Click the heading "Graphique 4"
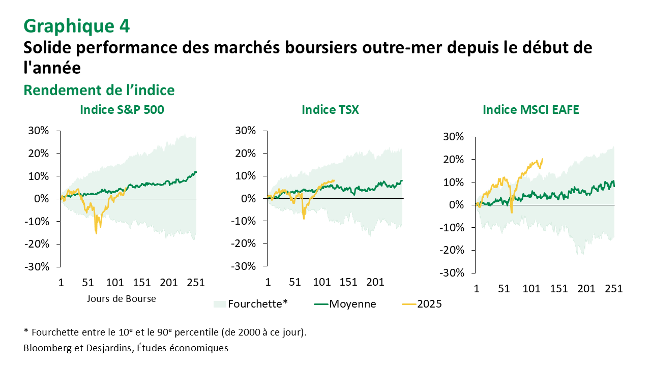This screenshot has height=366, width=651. pos(76,25)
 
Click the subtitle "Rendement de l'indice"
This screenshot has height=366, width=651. pos(99,90)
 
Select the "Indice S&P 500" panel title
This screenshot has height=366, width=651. pos(122,109)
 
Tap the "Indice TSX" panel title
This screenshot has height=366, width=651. pos(330,109)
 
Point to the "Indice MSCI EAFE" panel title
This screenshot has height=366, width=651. pos(530,109)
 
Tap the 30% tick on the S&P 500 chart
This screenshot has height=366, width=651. pos(38,131)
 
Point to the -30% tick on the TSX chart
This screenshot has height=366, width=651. pos(244,266)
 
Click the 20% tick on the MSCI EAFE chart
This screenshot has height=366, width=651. pos(453,160)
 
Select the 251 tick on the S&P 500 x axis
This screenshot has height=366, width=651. pos(196,282)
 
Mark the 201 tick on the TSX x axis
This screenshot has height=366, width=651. pos(375,282)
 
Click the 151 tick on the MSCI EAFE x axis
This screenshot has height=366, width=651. pos(558,288)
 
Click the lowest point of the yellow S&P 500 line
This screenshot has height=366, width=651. pos(96,233)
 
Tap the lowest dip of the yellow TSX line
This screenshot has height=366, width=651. pos(304,219)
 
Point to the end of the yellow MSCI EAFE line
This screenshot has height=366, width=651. pos(543,159)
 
